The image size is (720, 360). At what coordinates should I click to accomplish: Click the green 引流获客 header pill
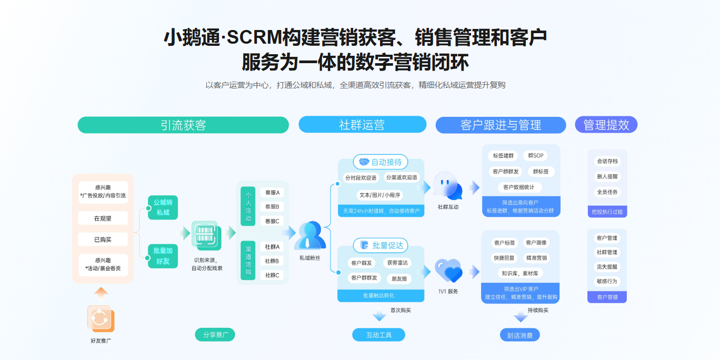(x=183, y=125)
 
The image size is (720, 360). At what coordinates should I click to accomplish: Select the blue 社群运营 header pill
(x=362, y=125)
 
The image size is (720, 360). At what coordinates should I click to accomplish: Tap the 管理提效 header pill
(x=606, y=125)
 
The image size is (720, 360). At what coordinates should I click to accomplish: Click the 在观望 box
(x=103, y=218)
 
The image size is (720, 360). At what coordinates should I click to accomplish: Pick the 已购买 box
(x=103, y=239)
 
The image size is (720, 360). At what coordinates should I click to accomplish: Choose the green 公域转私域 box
(x=163, y=207)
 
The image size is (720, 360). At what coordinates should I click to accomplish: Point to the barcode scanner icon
(x=206, y=235)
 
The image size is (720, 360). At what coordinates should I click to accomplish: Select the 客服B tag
(x=272, y=207)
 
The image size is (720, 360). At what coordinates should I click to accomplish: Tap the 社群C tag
(x=272, y=275)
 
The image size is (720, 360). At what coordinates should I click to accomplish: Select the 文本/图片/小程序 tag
(x=379, y=195)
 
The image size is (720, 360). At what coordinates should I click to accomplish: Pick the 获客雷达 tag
(x=397, y=263)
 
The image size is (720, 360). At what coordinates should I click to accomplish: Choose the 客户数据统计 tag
(x=518, y=187)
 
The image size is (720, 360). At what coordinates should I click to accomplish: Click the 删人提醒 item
(x=607, y=177)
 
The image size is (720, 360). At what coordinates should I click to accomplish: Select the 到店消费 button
(x=519, y=335)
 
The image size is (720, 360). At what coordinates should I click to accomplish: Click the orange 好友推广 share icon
(x=100, y=318)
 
